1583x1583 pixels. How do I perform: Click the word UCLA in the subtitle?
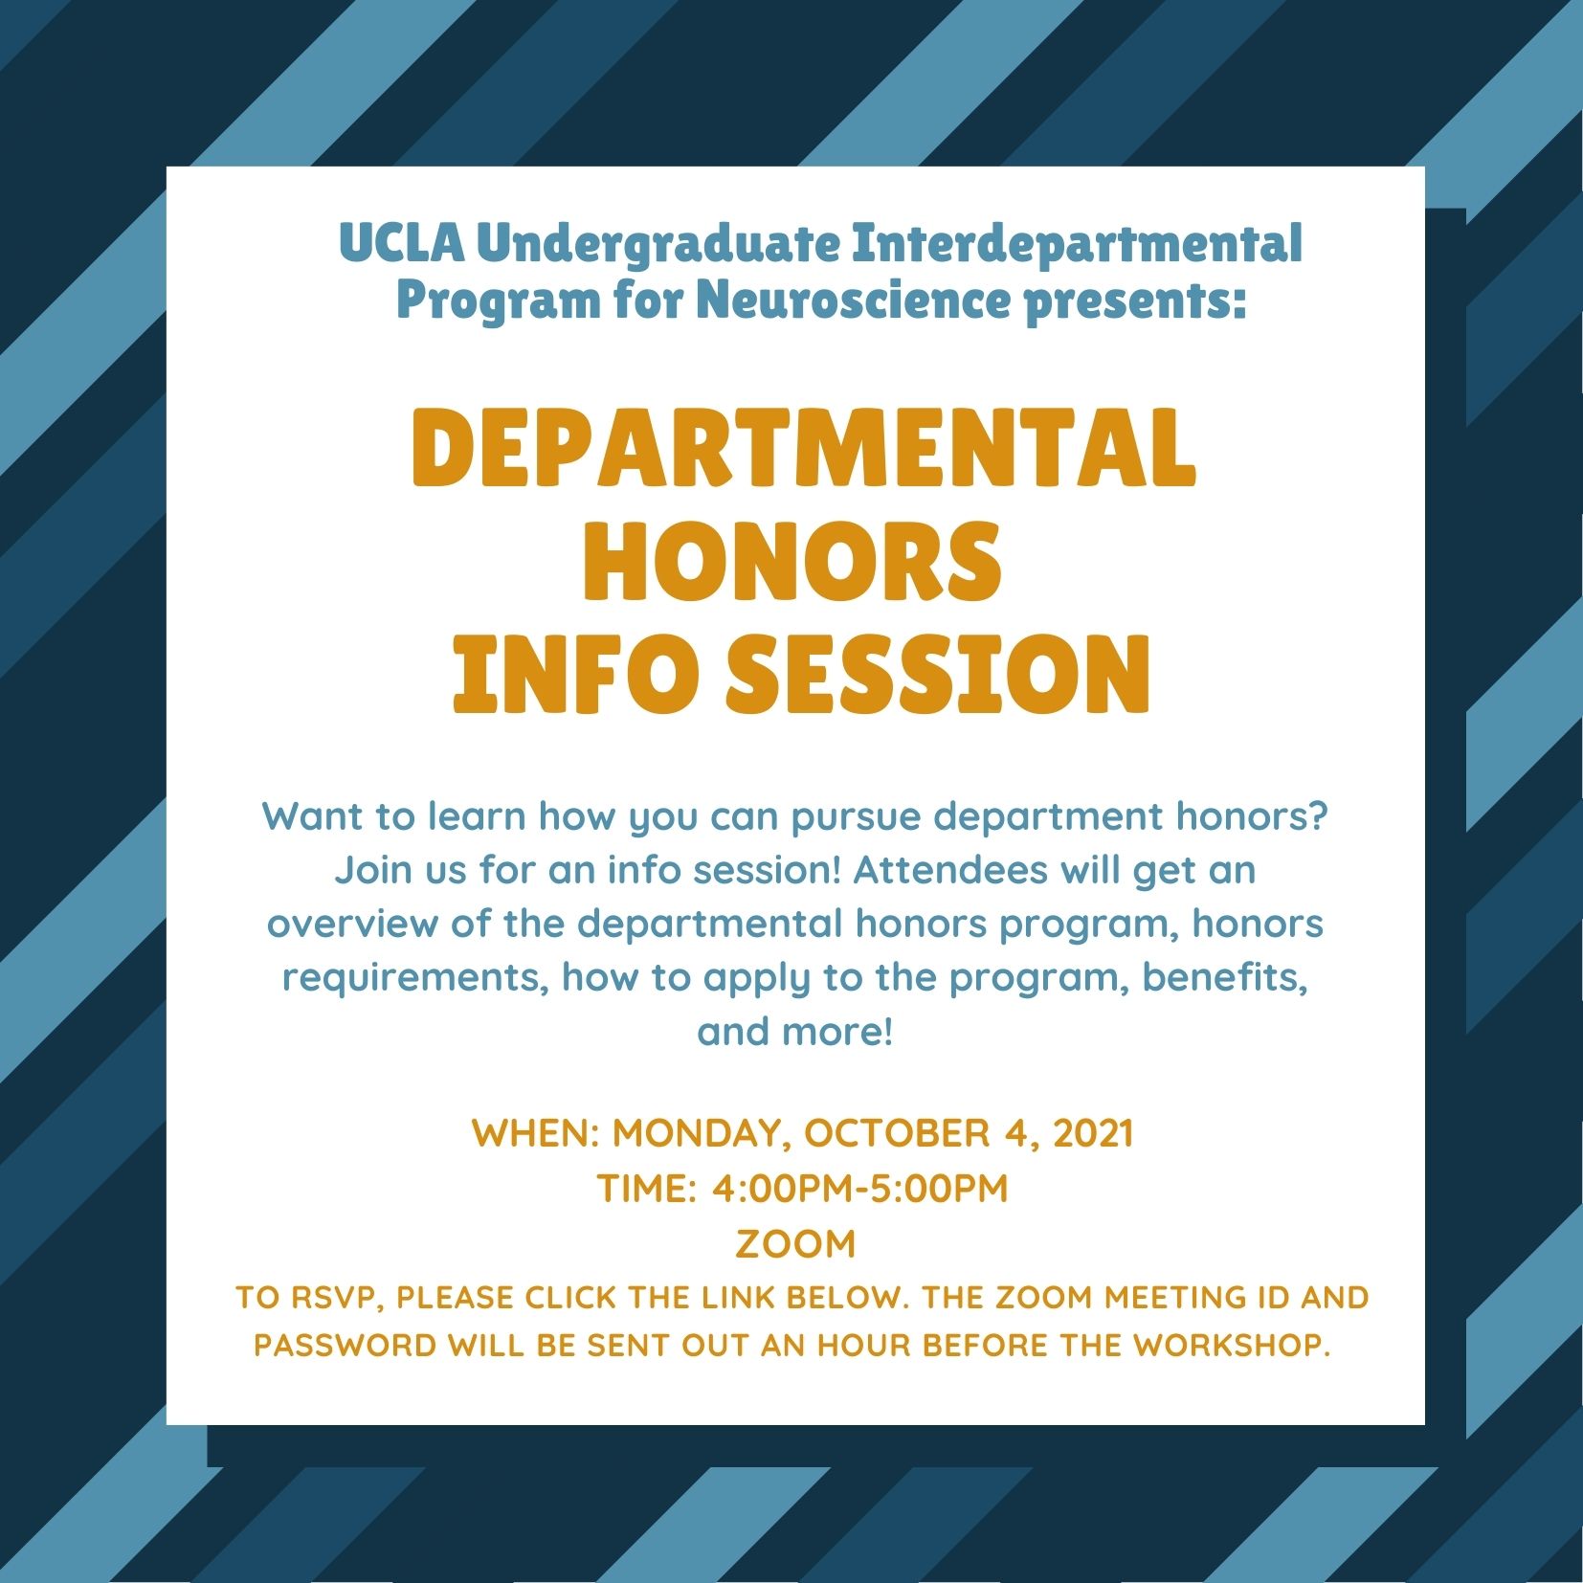(402, 243)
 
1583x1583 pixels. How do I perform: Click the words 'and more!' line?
(795, 1032)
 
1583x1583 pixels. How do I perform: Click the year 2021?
(1093, 1133)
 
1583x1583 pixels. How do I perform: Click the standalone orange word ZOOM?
(795, 1244)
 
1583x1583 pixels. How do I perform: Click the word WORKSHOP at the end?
(1232, 1345)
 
